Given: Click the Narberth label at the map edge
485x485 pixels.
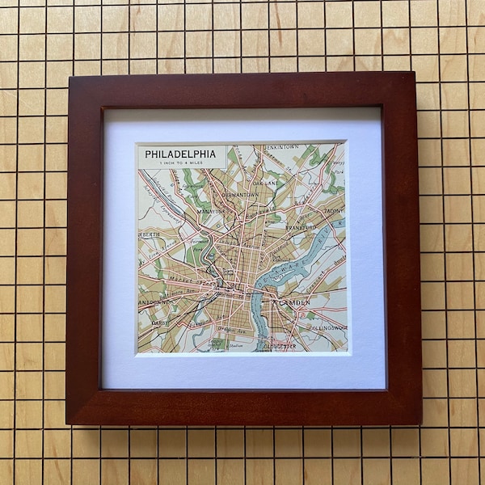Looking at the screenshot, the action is [x=149, y=234].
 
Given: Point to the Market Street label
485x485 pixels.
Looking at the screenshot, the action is [x=190, y=284].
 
